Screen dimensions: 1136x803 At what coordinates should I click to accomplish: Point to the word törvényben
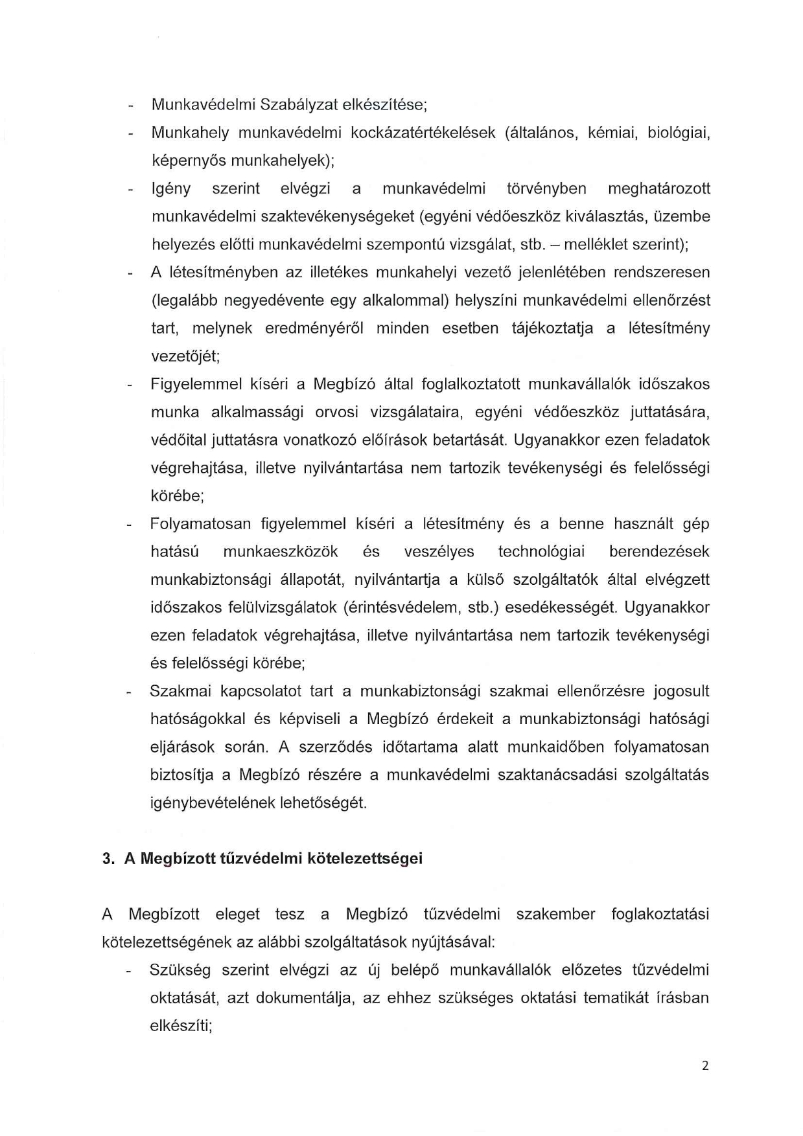tap(546, 188)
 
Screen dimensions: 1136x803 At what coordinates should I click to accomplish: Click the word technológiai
tap(541, 552)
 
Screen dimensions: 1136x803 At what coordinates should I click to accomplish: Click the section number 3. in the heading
tap(109, 859)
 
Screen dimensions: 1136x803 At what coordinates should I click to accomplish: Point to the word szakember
tap(555, 914)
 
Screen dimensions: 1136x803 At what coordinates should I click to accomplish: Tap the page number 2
tap(705, 1066)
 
